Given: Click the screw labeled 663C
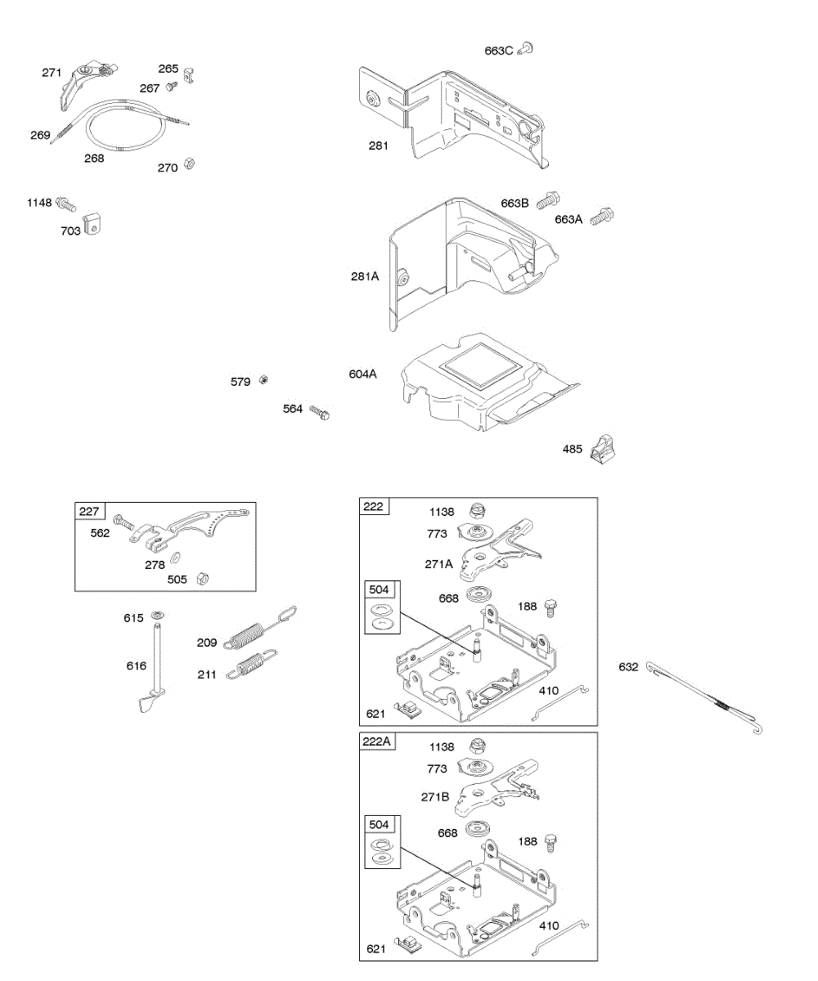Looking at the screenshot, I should [527, 49].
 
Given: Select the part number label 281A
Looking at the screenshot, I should [365, 276].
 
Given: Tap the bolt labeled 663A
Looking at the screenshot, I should [603, 217].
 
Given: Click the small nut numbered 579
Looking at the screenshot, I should [264, 380].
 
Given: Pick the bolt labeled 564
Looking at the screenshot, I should [319, 413].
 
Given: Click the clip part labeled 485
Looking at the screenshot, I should [605, 446].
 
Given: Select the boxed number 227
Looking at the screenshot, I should [89, 512].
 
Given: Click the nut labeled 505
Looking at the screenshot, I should [205, 578].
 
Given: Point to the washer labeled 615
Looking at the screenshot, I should [158, 615].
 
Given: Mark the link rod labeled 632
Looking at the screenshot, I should [704, 697].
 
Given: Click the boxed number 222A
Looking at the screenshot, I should [376, 741].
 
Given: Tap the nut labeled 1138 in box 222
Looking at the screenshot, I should [477, 512].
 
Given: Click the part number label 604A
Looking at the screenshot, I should [362, 374].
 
